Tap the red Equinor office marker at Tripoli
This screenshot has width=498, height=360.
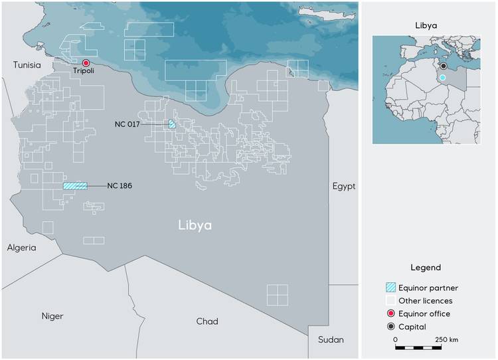[86, 62]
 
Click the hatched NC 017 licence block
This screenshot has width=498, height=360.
[172, 124]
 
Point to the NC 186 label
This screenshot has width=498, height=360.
[119, 186]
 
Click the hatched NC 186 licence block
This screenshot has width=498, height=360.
[75, 186]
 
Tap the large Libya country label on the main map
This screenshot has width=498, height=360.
[195, 226]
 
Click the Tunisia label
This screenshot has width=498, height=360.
[27, 65]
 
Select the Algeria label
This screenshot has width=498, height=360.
[22, 247]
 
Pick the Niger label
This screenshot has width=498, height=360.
[52, 316]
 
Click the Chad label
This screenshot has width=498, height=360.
[207, 321]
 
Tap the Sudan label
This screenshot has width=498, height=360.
[331, 339]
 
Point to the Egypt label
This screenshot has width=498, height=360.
[344, 186]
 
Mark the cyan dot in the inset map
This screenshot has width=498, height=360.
[442, 78]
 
